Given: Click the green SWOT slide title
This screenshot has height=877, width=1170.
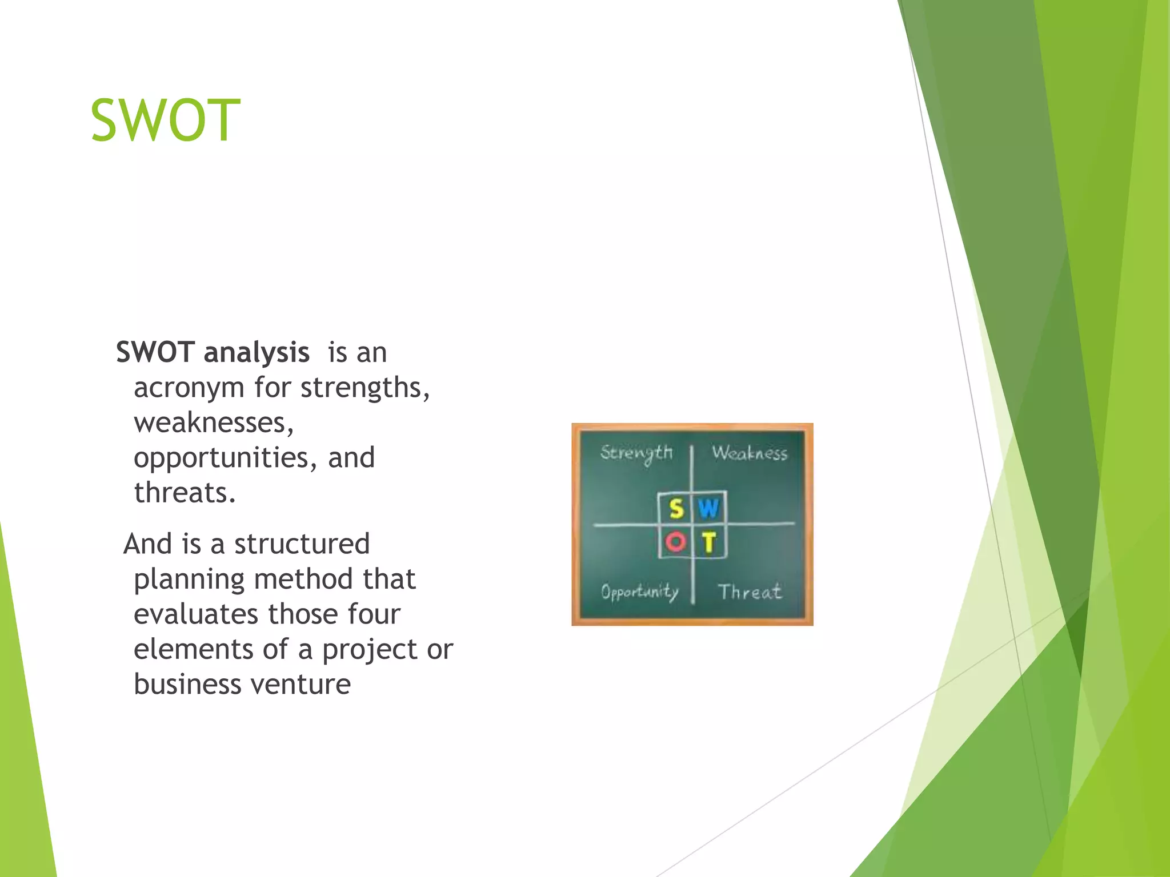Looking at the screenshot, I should [165, 120].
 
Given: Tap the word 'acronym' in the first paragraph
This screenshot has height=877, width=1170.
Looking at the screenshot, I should [189, 388].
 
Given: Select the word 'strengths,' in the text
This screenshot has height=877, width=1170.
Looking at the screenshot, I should [365, 388].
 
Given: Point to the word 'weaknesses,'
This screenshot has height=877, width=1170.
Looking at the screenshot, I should [214, 423].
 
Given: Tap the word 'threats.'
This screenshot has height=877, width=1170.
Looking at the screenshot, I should [185, 493].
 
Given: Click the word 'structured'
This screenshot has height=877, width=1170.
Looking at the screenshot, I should [302, 544].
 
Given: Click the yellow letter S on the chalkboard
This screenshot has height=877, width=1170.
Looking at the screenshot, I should [676, 508].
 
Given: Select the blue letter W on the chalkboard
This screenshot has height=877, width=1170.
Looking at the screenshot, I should [708, 508].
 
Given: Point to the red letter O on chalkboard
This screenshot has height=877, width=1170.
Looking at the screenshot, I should [675, 541].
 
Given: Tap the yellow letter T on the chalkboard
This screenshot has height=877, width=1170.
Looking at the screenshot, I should [709, 542].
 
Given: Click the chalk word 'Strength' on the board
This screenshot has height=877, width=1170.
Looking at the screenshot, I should [636, 453].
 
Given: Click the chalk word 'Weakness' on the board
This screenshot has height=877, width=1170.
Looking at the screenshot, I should [749, 453].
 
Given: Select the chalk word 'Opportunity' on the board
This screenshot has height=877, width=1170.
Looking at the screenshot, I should [639, 592].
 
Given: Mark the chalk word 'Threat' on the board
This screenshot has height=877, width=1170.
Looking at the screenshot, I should [750, 592].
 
